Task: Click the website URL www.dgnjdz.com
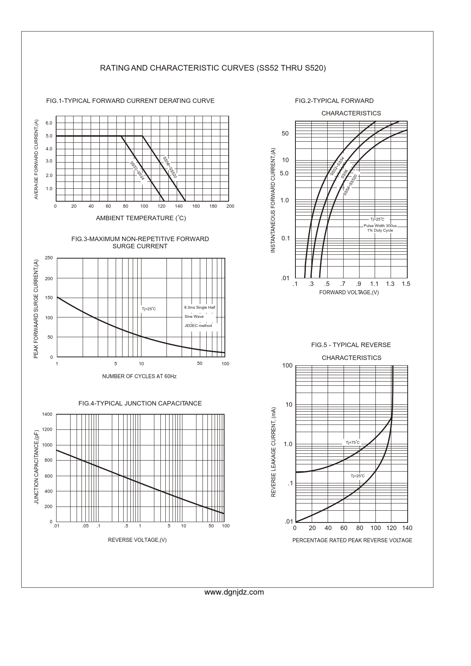234,592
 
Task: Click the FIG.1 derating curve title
130,101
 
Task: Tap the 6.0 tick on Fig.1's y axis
49,123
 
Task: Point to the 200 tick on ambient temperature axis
230,206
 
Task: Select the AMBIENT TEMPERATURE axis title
141,218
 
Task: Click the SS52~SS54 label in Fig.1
137,170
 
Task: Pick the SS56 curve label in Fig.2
344,174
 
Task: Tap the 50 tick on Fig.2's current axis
285,134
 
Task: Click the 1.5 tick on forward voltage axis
406,284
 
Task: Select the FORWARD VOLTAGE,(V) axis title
349,292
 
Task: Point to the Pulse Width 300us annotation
380,226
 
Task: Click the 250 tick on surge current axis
49,258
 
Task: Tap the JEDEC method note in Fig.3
198,326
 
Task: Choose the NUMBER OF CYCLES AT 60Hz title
139,376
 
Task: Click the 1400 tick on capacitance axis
47,414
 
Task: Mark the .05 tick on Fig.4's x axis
85,526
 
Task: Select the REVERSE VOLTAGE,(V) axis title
137,540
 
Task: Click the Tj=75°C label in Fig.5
353,443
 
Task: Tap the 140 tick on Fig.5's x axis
407,528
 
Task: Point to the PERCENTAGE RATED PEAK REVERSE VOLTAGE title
352,540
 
